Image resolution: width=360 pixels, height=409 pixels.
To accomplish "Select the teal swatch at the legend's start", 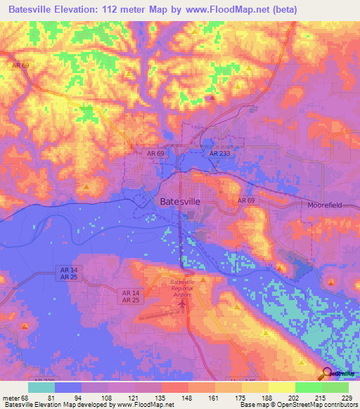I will pyautogui.click(x=41, y=387).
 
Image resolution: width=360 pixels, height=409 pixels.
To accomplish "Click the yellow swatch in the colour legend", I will pyautogui.click(x=281, y=387).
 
